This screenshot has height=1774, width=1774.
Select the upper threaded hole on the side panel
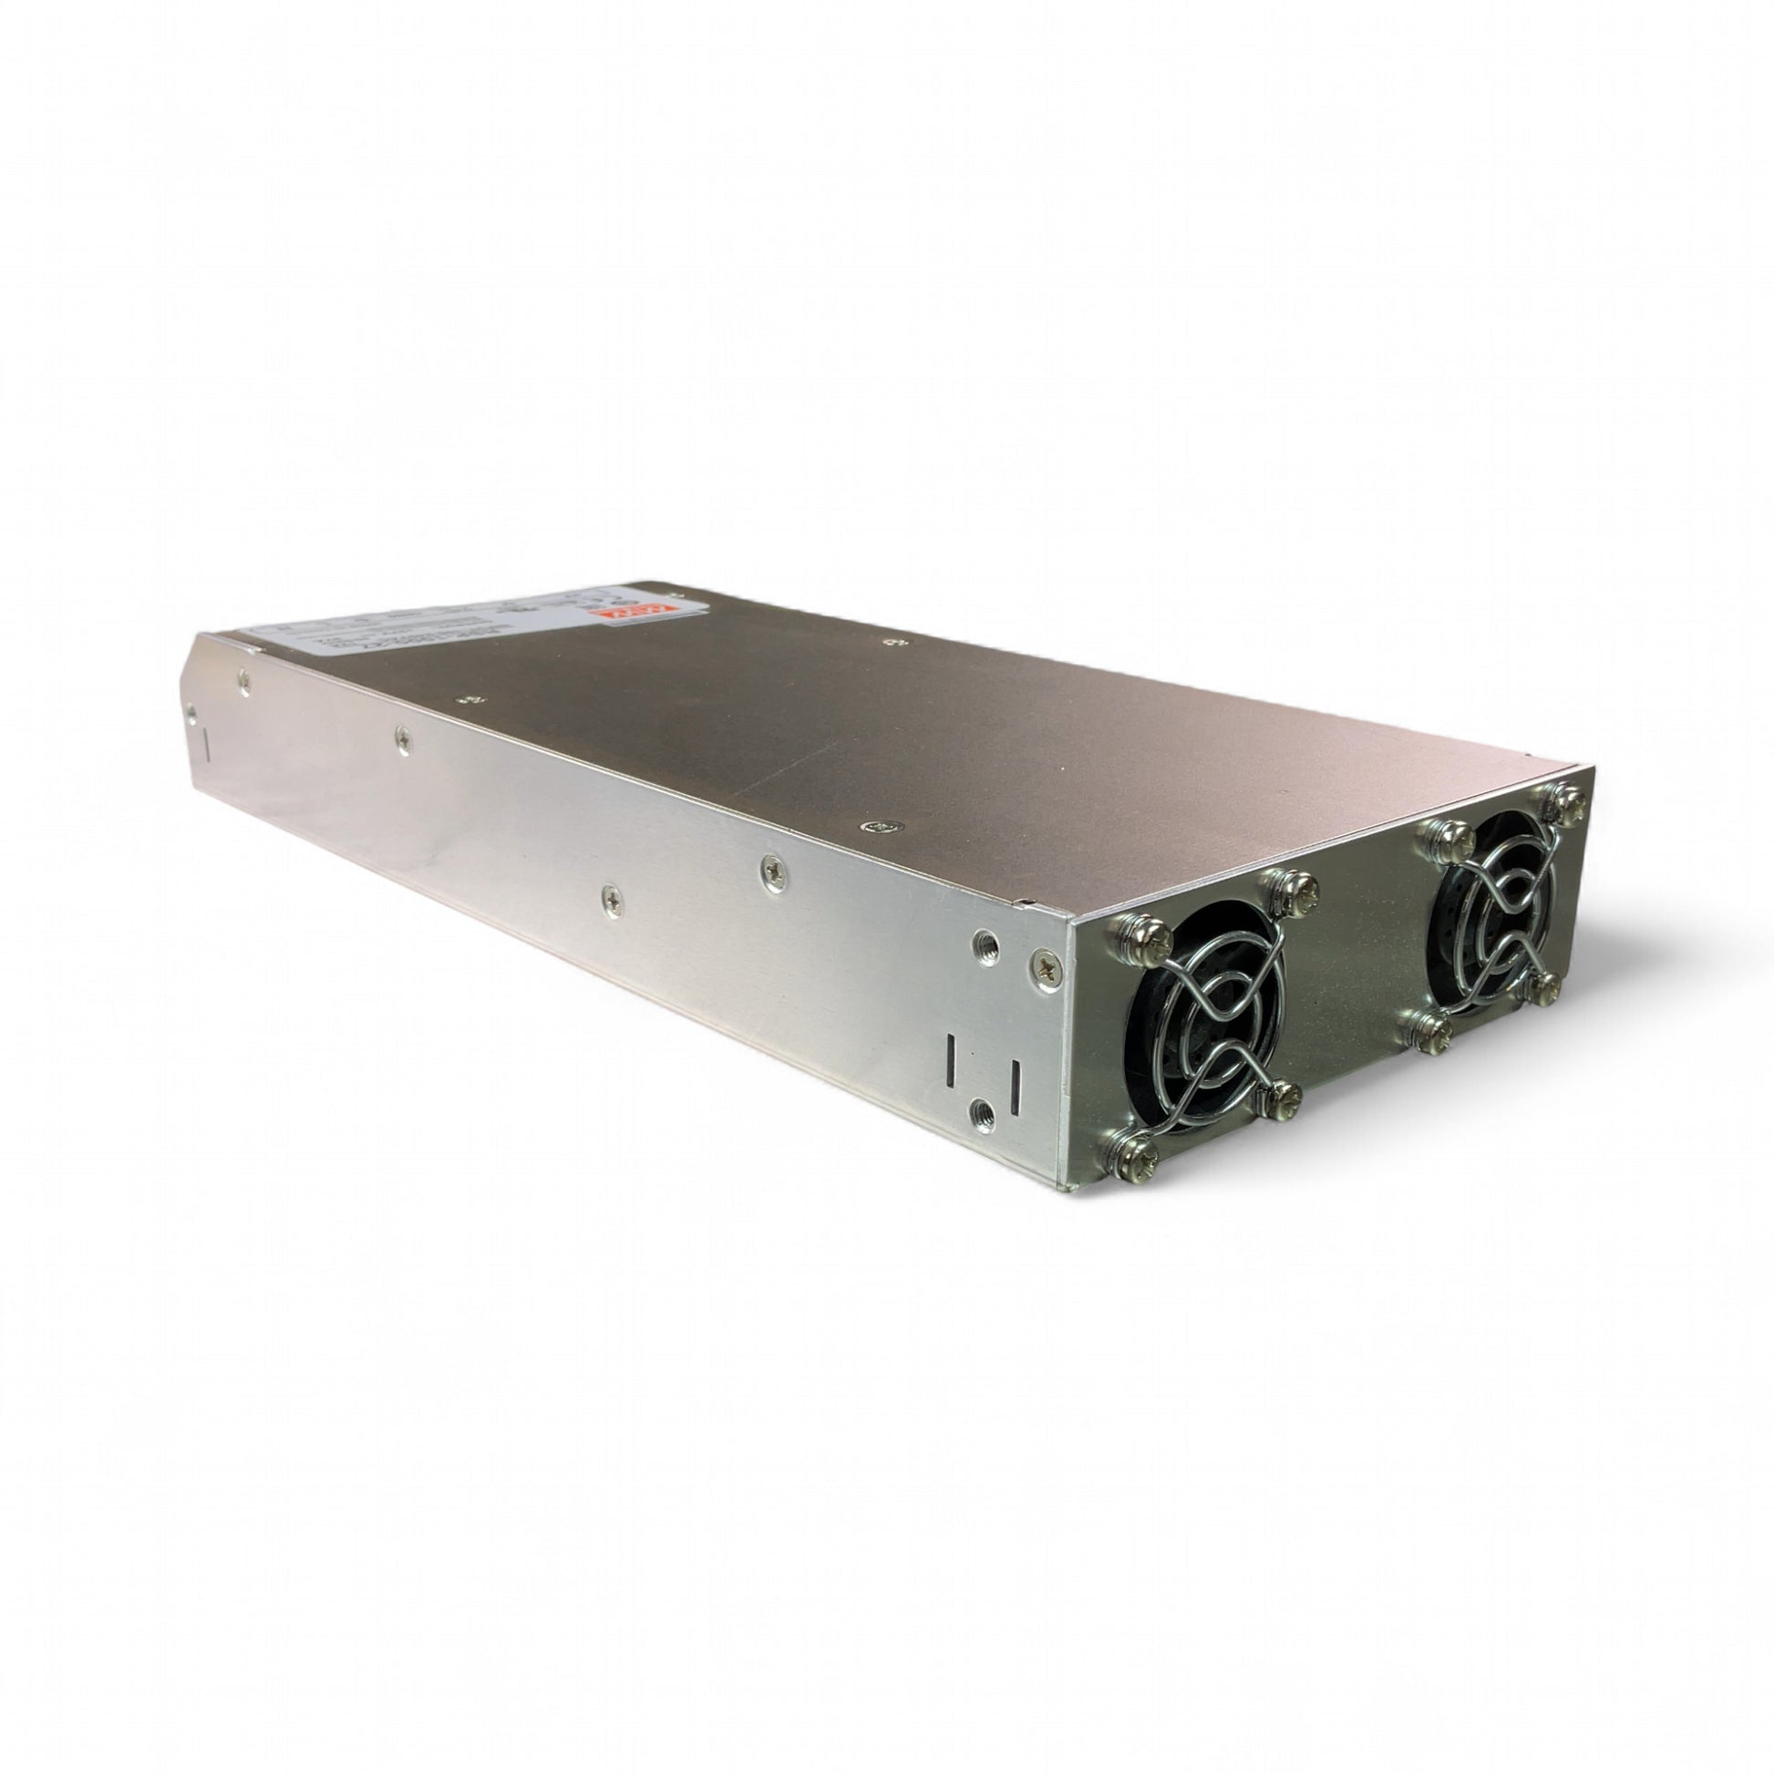pyautogui.click(x=986, y=938)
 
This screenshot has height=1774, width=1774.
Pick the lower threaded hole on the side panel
pyautogui.click(x=983, y=1112)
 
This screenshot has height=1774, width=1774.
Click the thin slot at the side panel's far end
pyautogui.click(x=206, y=745)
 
